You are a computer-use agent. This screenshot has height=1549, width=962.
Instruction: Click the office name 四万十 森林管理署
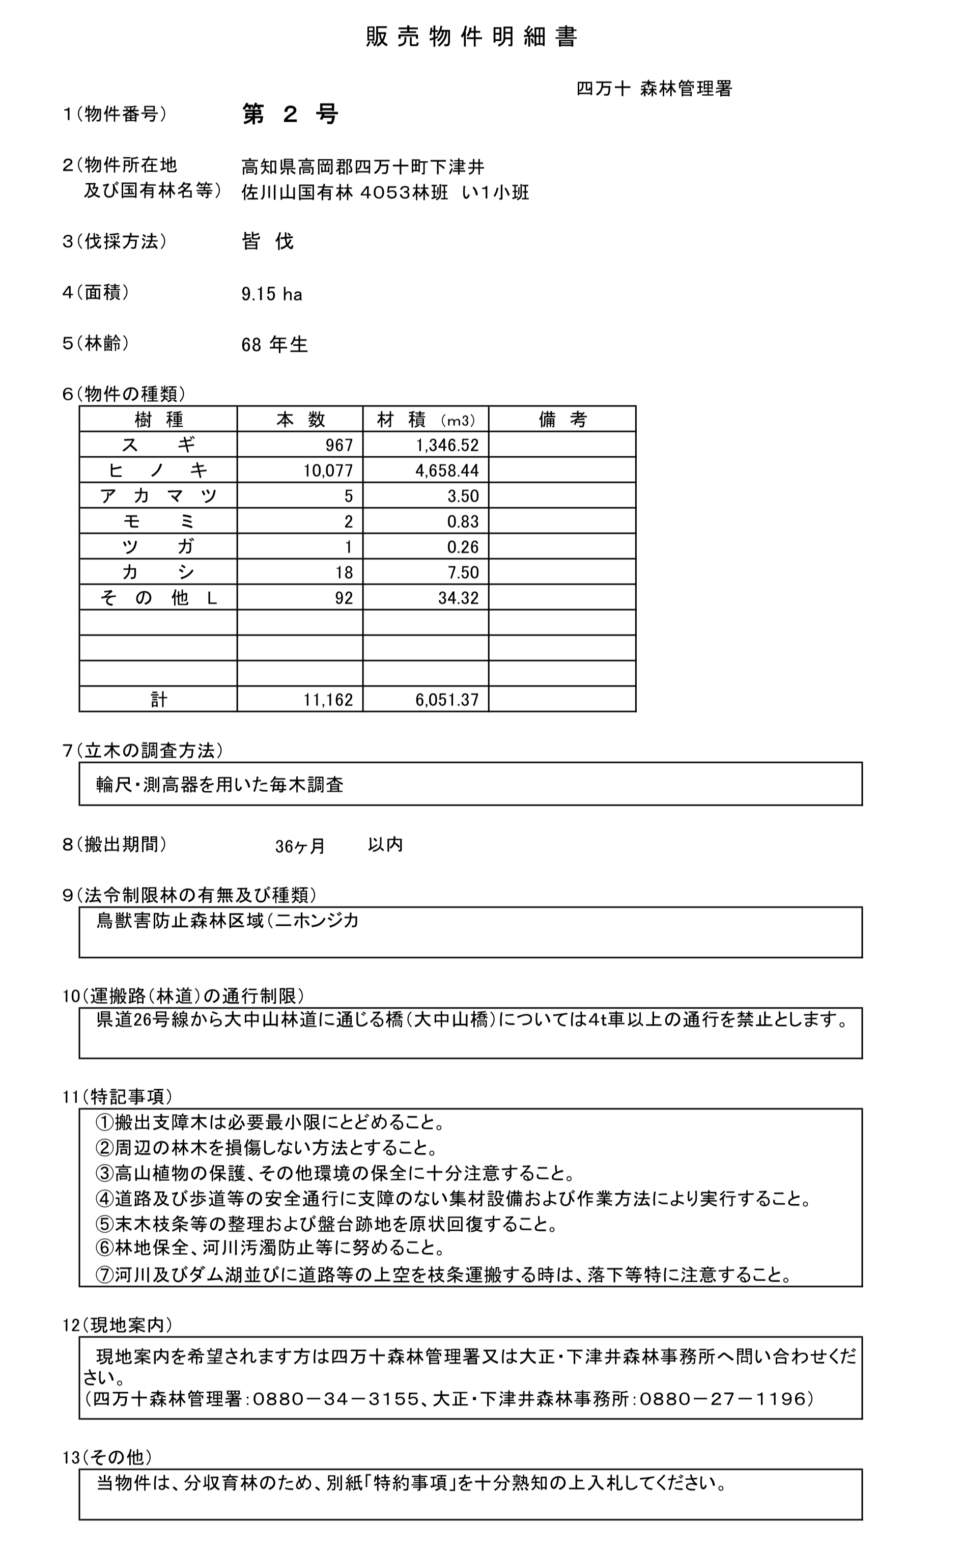tap(654, 89)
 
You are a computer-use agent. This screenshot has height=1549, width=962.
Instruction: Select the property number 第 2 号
tap(290, 115)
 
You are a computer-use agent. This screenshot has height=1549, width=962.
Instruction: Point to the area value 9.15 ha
tap(272, 294)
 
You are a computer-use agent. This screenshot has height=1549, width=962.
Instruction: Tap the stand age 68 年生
tap(274, 345)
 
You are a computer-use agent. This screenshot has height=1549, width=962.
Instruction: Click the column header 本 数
tap(300, 420)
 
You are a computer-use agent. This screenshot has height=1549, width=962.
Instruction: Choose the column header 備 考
tap(562, 420)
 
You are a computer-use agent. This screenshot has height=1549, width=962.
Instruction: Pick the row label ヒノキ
tap(158, 471)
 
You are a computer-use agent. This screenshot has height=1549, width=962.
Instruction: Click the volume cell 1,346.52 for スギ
tap(447, 445)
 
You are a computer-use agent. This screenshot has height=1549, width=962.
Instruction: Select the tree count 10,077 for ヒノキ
tap(328, 471)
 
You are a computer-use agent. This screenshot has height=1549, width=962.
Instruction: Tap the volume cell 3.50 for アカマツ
tap(463, 496)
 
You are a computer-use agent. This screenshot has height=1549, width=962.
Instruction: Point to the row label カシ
tap(158, 572)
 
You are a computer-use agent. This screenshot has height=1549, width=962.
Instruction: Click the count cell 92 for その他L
tap(344, 598)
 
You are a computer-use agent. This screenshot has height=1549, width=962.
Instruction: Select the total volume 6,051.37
tap(447, 700)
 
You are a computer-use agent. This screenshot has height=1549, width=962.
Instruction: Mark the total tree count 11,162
tap(328, 700)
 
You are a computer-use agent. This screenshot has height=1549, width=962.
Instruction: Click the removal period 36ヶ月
tap(300, 846)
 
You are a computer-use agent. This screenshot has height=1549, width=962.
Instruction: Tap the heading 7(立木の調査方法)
tap(143, 751)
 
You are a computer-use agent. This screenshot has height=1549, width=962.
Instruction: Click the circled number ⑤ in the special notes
tap(104, 1224)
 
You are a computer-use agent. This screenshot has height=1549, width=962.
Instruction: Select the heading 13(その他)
tap(107, 1457)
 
